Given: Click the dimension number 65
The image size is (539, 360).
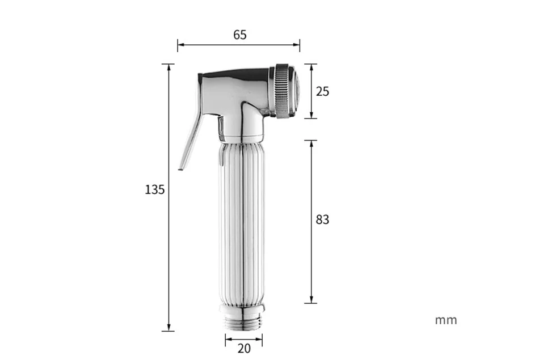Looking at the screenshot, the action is [x=239, y=35].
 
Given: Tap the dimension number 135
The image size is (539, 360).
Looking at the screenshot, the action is [x=155, y=189].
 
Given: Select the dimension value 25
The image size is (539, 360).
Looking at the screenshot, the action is [x=322, y=91].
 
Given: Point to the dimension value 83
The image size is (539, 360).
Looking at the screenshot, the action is [x=322, y=219].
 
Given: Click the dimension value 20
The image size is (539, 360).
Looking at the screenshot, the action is [x=244, y=349].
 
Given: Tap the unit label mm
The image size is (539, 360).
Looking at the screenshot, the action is [x=446, y=320].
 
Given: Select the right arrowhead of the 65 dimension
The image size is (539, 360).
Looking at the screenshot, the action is [x=296, y=45].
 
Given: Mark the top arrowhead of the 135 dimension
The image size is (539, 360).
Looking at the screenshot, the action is [x=169, y=67].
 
